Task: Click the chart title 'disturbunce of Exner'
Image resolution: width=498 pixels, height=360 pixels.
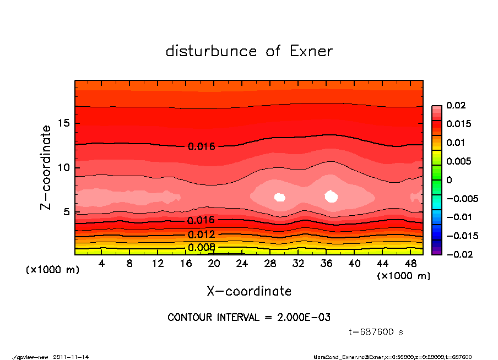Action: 249,51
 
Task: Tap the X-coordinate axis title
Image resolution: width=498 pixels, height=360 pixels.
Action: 249,291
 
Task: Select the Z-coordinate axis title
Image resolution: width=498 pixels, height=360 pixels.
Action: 47,167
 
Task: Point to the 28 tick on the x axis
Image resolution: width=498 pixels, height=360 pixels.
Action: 270,264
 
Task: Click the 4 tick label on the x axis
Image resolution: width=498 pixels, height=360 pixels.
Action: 101,264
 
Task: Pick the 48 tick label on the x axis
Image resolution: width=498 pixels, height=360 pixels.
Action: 411,264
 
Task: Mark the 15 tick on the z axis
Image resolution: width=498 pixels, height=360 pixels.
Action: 64,123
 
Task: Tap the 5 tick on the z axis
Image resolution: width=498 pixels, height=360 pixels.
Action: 67,212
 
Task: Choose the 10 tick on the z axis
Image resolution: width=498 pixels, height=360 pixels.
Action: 64,167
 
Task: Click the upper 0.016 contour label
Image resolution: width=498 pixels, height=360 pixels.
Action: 201,146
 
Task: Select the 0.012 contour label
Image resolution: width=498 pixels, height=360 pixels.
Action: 201,235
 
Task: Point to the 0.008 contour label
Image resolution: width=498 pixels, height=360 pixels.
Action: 201,247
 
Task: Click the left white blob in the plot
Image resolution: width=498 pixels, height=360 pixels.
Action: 279,197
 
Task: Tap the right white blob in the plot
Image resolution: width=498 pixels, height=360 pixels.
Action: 331,196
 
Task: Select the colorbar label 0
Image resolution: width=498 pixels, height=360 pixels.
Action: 449,180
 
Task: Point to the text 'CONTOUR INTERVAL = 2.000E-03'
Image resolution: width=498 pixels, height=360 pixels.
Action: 249,318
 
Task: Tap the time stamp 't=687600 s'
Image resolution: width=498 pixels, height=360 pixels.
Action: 376,332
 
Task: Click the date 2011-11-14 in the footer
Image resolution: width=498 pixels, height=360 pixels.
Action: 71,357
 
